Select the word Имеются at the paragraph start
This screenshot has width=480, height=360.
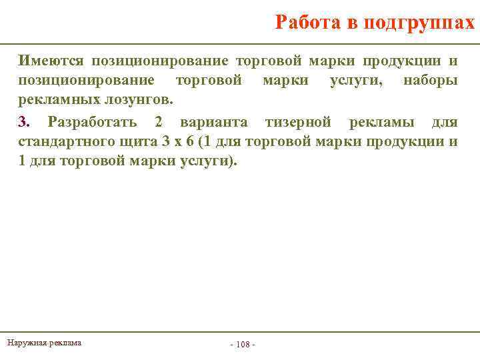(51, 61)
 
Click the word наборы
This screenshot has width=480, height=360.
(430, 81)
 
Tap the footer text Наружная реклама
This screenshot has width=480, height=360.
(44, 343)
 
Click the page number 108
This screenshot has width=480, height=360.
(243, 344)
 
